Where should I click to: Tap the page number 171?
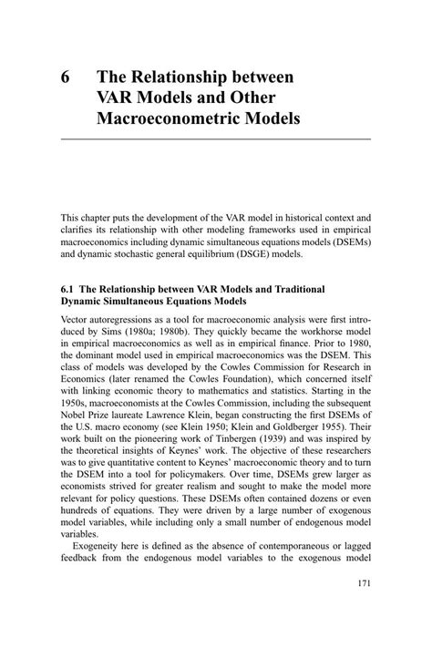click(x=362, y=608)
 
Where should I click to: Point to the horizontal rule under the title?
click(x=215, y=139)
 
